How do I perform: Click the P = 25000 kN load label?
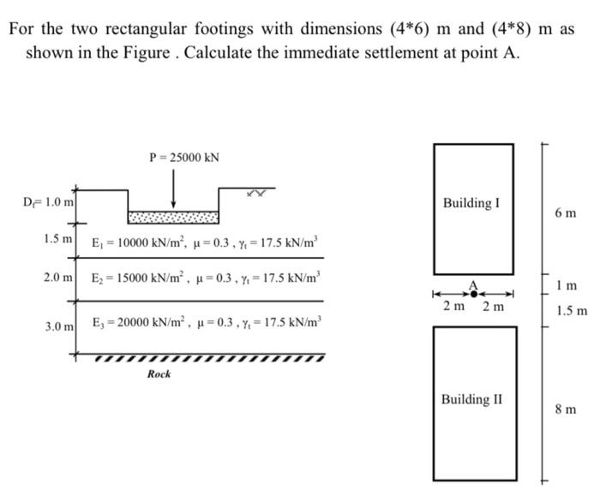pos(184,157)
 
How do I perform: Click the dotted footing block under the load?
pos(174,216)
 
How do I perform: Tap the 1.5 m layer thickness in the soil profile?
pos(58,237)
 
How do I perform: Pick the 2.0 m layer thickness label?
pos(58,279)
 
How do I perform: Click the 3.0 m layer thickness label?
pos(58,328)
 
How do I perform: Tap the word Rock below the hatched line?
pos(159,374)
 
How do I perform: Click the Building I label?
pos(471,204)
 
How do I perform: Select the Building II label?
pos(472,399)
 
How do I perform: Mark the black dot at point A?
pos(474,293)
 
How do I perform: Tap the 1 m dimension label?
pos(567,284)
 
